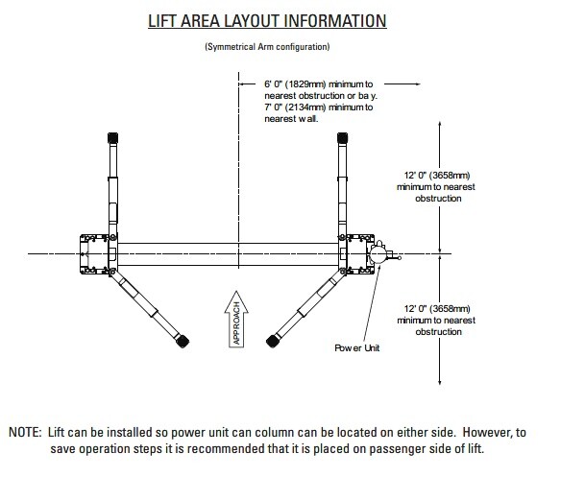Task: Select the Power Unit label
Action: coord(355,347)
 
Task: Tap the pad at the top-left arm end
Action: coord(112,139)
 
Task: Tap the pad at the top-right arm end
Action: coord(340,139)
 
